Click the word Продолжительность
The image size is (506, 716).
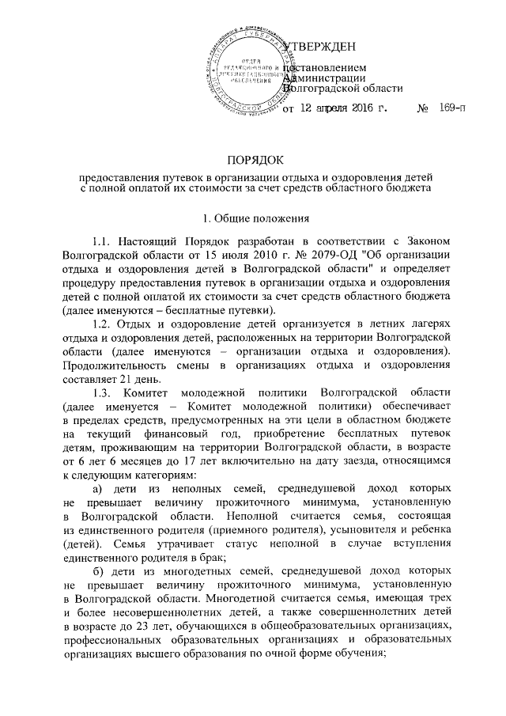pyautogui.click(x=119, y=364)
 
